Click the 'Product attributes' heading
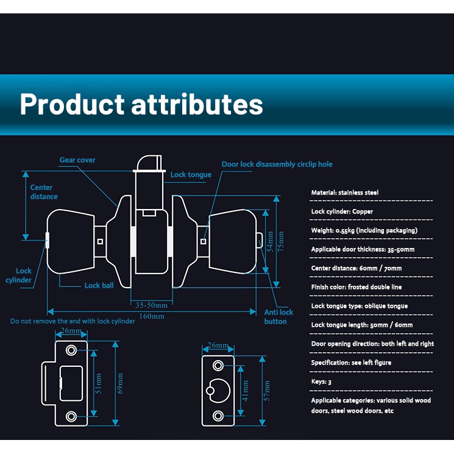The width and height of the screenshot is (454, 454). tap(141, 104)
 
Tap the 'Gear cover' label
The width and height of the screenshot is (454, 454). tap(77, 160)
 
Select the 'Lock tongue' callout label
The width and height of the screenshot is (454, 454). tap(191, 175)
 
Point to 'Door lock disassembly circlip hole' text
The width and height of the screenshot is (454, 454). tap(277, 165)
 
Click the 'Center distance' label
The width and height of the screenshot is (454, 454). tap(44, 192)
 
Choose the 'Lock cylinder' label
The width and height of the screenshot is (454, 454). tap(24, 275)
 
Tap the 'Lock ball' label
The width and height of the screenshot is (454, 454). tap(99, 285)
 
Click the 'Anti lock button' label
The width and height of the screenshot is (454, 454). tap(278, 317)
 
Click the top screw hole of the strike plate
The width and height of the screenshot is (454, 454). tap(72, 350)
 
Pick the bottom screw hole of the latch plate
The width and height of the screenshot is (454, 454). tap(218, 417)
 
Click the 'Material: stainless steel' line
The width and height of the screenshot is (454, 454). tap(345, 193)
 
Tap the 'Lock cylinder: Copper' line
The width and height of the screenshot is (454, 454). tap(342, 211)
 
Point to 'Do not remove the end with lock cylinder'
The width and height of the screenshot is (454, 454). tap(73, 321)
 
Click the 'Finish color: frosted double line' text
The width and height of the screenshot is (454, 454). tap(356, 287)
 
